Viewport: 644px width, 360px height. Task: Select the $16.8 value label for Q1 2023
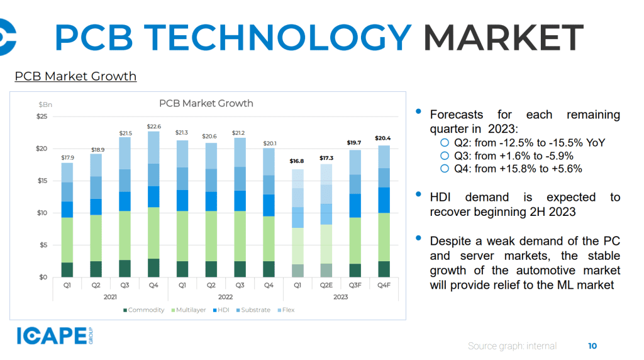tap(296, 162)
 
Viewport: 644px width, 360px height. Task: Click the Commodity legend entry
tap(144, 310)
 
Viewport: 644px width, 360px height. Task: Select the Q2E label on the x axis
tap(326, 285)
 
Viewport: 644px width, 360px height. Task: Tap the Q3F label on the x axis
tap(355, 285)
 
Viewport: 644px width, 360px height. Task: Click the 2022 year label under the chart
tap(225, 296)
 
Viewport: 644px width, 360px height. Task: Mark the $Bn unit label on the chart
tap(45, 104)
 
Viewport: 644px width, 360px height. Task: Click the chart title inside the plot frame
tap(206, 103)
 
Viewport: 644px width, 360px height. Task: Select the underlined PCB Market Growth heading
tap(75, 76)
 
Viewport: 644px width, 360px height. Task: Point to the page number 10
tap(592, 346)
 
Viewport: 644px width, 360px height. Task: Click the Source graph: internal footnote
tap(512, 346)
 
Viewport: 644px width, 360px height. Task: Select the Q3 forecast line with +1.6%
tap(513, 155)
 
